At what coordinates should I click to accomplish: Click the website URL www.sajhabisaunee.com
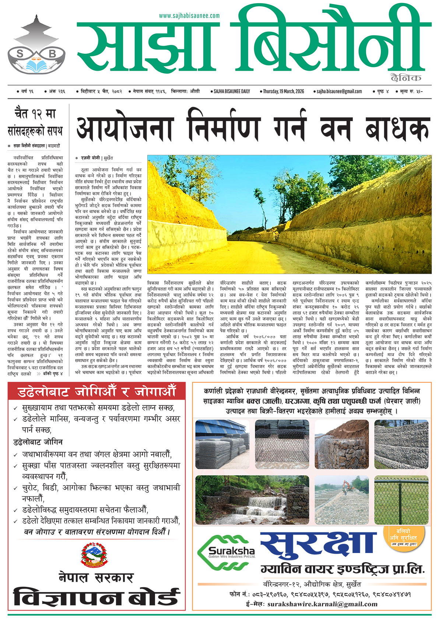189,16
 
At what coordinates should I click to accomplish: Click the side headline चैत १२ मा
35,114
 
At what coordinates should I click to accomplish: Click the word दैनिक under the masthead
406,78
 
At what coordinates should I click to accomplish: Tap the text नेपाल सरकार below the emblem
96,577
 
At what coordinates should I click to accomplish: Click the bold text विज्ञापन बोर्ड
97,597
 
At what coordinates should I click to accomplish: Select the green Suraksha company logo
226,550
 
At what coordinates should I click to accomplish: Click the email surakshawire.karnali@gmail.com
323,604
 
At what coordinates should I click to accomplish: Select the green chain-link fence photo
401,500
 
